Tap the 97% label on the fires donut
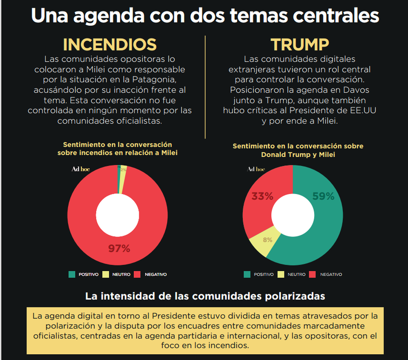pyautogui.click(x=119, y=248)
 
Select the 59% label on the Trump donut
pyautogui.click(x=324, y=196)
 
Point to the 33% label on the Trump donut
pyautogui.click(x=262, y=197)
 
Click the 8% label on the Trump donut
pyautogui.click(x=268, y=240)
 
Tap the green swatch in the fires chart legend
pyautogui.click(x=72, y=274)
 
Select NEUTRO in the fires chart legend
pyautogui.click(x=121, y=274)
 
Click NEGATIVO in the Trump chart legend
pyautogui.click(x=331, y=274)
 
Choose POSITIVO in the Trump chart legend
pyautogui.click(x=264, y=274)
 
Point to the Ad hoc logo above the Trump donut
pyautogui.click(x=256, y=169)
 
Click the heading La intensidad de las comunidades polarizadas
pyautogui.click(x=205, y=296)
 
